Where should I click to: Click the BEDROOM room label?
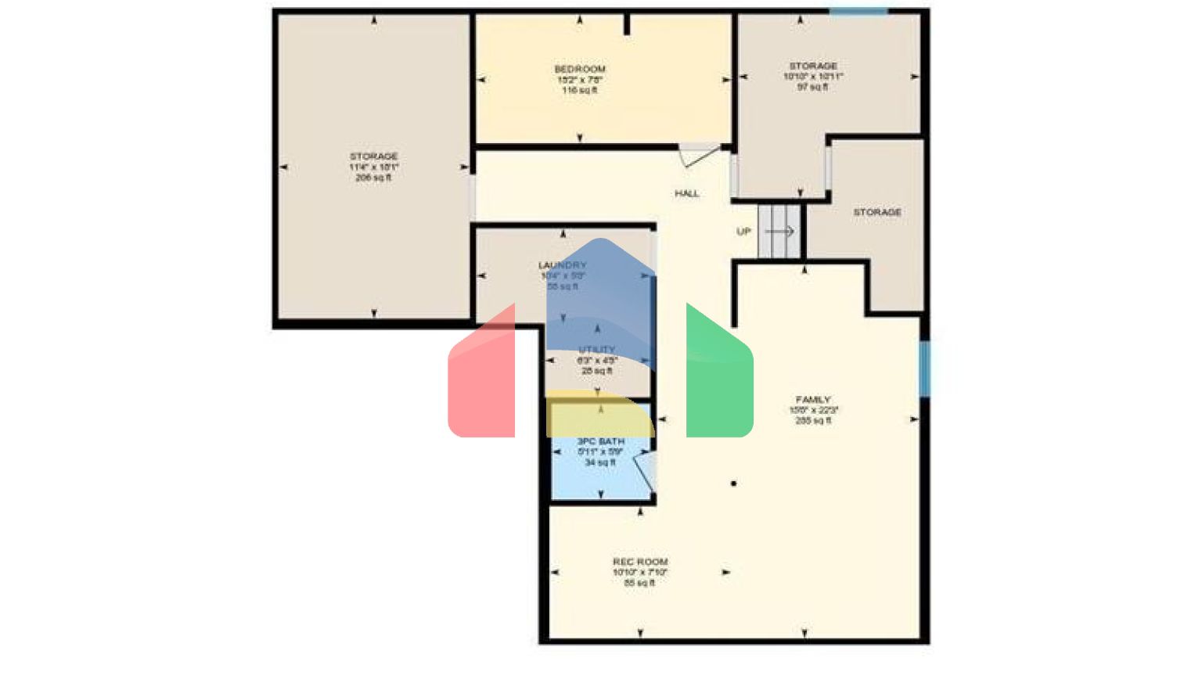click(x=580, y=69)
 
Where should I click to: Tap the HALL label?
click(x=687, y=193)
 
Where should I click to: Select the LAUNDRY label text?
click(x=562, y=265)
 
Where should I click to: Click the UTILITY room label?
click(x=597, y=350)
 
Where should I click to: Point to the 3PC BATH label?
click(x=601, y=441)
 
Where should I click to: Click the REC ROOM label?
click(x=640, y=562)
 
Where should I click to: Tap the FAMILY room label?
click(x=813, y=400)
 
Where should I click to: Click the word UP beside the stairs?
click(x=743, y=232)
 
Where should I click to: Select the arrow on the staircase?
click(x=779, y=232)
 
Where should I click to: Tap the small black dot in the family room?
click(x=733, y=484)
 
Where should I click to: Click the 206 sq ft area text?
click(x=373, y=178)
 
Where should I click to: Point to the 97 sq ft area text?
click(x=813, y=88)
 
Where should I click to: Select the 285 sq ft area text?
click(x=813, y=421)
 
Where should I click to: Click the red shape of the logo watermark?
click(x=482, y=376)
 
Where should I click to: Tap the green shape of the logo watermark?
click(x=718, y=376)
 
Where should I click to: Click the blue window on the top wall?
click(x=858, y=11)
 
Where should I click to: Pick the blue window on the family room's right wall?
click(x=924, y=368)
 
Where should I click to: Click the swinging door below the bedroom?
click(x=700, y=155)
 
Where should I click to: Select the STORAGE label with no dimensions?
click(x=877, y=212)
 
